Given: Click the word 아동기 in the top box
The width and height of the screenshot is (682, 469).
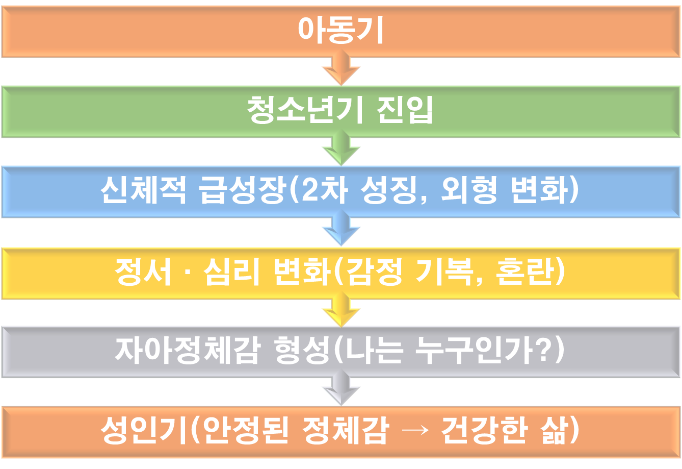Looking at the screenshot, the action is click(340, 31).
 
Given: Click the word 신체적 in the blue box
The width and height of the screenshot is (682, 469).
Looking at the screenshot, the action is click(144, 191).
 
